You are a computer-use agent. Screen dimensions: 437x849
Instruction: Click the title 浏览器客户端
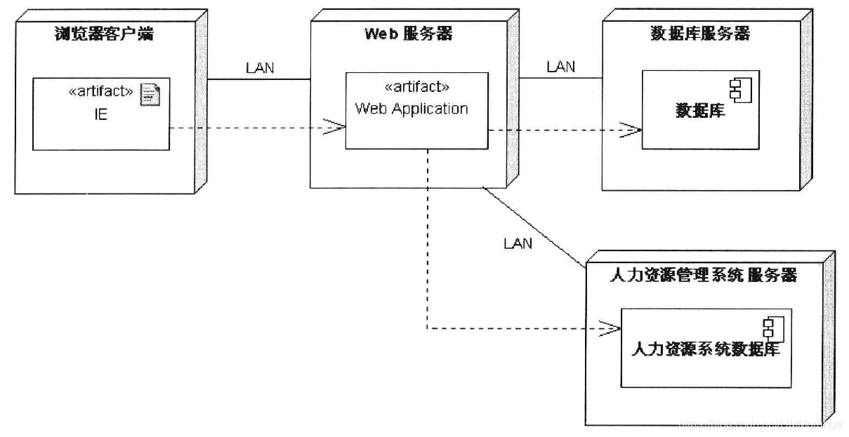point(103,34)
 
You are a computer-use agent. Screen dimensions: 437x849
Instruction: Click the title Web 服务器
point(408,33)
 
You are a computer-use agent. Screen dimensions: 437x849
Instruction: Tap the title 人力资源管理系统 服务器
point(704,275)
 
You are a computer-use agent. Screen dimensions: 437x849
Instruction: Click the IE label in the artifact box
point(101,114)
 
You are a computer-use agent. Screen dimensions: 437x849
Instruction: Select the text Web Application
point(412,109)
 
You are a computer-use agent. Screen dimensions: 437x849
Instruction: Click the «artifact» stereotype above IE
point(101,92)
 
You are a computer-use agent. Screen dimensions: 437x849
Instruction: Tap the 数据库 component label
point(700,111)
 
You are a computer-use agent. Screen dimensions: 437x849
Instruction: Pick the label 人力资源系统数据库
point(706,349)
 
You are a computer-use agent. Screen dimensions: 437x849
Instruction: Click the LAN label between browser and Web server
point(260,68)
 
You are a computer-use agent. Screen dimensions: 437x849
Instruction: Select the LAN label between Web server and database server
point(560,67)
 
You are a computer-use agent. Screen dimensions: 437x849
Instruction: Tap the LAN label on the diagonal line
point(518,243)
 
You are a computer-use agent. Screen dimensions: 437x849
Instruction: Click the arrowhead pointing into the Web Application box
point(336,128)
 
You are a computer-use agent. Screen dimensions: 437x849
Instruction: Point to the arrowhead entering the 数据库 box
point(633,130)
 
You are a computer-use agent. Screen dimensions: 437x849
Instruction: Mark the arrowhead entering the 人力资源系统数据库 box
point(611,328)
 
